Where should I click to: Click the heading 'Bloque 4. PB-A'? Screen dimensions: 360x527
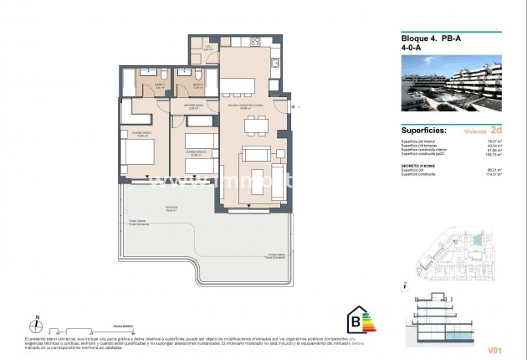pos(423,39)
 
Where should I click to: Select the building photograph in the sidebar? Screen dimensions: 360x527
pos(451,90)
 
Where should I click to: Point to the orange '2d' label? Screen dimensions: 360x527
pos(496,131)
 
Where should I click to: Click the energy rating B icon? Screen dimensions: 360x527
pos(359,320)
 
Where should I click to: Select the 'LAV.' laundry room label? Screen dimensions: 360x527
pos(206,48)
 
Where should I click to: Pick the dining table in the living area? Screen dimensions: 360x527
pos(256,127)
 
